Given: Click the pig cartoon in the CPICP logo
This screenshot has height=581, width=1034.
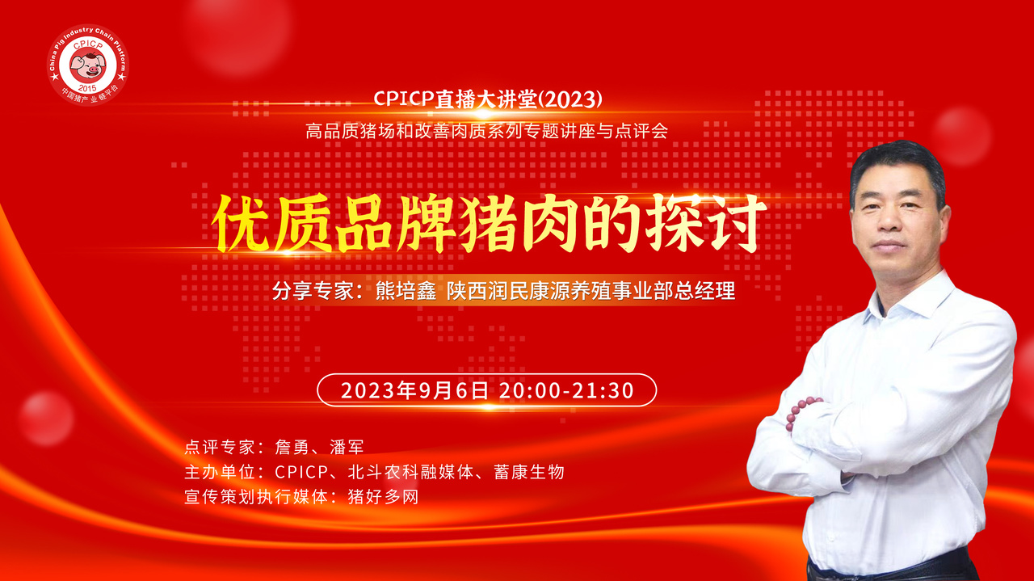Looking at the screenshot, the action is pos(88,64).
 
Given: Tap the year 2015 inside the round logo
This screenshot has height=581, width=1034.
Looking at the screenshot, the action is pos(87,88).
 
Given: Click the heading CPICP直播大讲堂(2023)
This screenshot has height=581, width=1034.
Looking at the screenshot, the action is pos(487,99).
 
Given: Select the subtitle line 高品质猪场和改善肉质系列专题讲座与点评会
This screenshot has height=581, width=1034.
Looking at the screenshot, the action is pos(486,131).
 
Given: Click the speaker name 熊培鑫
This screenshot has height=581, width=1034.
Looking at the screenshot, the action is pos(406,291).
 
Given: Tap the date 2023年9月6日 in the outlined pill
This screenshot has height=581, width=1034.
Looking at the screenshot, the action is pos(414,391).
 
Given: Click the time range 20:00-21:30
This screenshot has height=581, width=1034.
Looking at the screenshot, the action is pos(566,391).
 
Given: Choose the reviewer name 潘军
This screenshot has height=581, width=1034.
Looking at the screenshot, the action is pos(347,447).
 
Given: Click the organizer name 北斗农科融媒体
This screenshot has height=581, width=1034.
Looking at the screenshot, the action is pos(410,472).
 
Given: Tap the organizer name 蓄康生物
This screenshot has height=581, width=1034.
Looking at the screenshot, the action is pos(529,472).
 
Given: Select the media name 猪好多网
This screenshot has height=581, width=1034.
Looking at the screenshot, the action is pos(383,497).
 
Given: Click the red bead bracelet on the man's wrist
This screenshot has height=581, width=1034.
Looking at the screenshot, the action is pos(801,412).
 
